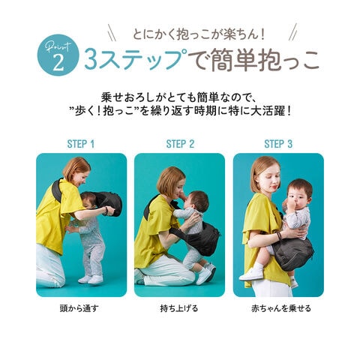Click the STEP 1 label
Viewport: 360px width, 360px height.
click(81, 144)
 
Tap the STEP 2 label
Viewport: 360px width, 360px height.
click(180, 144)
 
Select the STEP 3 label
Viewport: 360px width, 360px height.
click(278, 144)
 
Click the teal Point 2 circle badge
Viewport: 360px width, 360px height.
click(58, 55)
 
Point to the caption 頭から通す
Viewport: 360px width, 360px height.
click(79, 308)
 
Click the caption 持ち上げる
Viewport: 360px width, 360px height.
click(179, 308)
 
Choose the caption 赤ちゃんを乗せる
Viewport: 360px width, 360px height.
click(281, 308)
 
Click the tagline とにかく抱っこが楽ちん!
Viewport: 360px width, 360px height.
click(199, 34)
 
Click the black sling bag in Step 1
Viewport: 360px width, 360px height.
click(109, 203)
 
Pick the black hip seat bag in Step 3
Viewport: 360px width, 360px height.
click(292, 256)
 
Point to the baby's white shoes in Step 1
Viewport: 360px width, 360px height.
click(91, 279)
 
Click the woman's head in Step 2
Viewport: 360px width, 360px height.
click(172, 182)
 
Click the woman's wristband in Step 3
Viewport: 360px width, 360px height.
click(278, 236)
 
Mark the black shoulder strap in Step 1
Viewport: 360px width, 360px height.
click(57, 190)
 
